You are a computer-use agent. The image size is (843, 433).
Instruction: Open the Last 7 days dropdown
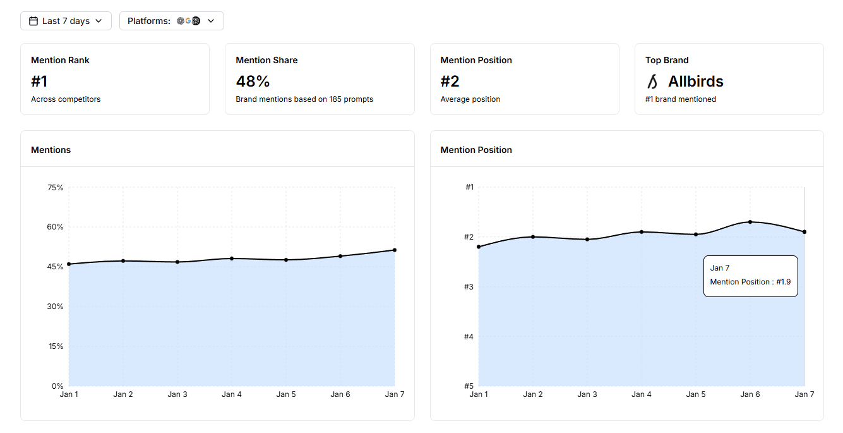pyautogui.click(x=66, y=21)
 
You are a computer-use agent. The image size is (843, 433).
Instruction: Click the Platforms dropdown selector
pyautogui.click(x=171, y=21)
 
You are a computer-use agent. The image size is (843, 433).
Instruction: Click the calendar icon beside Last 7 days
pyautogui.click(x=33, y=21)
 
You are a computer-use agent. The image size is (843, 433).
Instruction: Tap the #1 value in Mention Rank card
pyautogui.click(x=39, y=81)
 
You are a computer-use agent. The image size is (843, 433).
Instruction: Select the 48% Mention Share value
pyautogui.click(x=253, y=81)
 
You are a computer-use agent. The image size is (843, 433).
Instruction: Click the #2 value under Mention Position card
pyautogui.click(x=450, y=81)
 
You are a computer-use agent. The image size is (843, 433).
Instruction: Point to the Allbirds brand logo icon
pyautogui.click(x=653, y=82)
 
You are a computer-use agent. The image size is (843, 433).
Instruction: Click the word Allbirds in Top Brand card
pyautogui.click(x=695, y=81)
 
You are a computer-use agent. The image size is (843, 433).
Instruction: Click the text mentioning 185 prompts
pyautogui.click(x=304, y=99)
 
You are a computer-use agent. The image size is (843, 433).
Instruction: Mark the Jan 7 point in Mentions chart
pyautogui.click(x=395, y=250)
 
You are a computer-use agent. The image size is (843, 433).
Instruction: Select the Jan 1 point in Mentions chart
pyautogui.click(x=69, y=264)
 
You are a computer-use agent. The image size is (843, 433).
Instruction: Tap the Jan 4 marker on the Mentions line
pyautogui.click(x=232, y=259)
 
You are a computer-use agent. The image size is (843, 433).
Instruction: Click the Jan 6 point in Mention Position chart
pyautogui.click(x=750, y=222)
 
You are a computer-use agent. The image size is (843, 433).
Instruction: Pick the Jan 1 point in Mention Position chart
pyautogui.click(x=479, y=247)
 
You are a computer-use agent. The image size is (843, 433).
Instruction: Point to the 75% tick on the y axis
pyautogui.click(x=56, y=188)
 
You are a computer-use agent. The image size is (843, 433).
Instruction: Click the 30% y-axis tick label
pyautogui.click(x=56, y=307)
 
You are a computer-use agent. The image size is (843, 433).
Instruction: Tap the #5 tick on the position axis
pyautogui.click(x=469, y=386)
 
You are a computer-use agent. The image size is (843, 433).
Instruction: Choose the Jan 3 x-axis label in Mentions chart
pyautogui.click(x=177, y=394)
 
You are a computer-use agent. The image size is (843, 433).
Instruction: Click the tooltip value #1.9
pyautogui.click(x=784, y=282)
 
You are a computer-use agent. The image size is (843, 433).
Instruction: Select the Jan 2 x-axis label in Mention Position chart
pyautogui.click(x=533, y=394)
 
